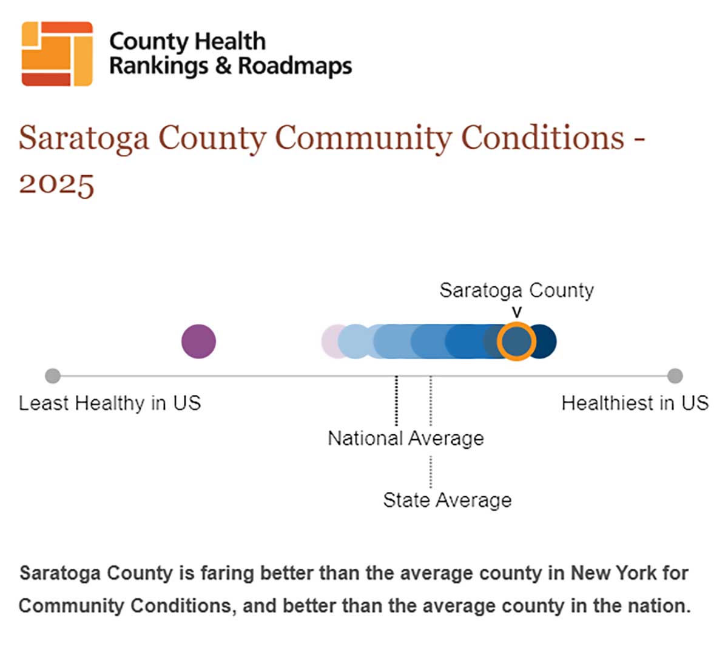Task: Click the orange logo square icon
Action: click(57, 53)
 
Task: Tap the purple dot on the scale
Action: click(198, 341)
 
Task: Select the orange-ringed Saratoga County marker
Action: click(516, 341)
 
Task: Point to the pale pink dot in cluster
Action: click(329, 341)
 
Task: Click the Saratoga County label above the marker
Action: click(516, 290)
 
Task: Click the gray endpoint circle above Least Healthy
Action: click(53, 376)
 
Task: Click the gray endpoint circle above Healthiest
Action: click(675, 376)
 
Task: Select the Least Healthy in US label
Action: click(110, 403)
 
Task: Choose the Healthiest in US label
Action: click(635, 403)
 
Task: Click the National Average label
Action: click(405, 438)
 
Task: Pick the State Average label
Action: click(447, 500)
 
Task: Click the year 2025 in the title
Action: click(56, 183)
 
